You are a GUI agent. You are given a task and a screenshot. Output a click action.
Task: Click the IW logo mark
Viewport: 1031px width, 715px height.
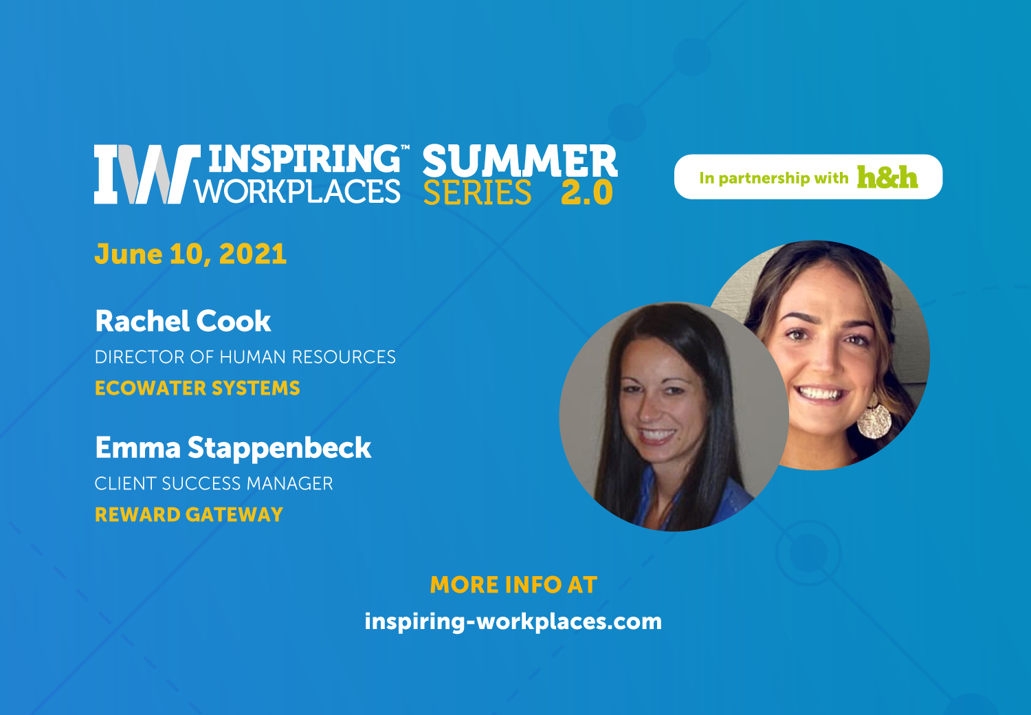147,174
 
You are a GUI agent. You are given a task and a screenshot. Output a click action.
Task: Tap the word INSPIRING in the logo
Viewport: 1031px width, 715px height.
304,158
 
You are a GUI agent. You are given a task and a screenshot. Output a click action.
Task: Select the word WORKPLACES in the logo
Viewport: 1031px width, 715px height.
298,191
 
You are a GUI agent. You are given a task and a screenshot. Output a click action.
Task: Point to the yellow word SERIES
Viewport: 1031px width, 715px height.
477,192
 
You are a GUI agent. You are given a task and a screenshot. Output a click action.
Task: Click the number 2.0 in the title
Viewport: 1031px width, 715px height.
587,192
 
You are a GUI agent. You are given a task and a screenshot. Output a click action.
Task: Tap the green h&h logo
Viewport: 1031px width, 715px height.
887,177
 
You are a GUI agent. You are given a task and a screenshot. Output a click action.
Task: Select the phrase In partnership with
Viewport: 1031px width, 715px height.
774,178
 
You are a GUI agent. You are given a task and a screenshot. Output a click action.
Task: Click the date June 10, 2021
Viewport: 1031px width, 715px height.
190,254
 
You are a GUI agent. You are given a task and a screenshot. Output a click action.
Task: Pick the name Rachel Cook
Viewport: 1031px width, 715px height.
183,320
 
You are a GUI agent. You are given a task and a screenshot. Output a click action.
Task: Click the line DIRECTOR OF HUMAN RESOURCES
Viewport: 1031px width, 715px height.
245,357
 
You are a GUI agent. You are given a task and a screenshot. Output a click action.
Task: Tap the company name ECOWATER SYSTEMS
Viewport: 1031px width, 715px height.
197,388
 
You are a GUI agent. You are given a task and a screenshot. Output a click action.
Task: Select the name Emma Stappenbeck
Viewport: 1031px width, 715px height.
233,448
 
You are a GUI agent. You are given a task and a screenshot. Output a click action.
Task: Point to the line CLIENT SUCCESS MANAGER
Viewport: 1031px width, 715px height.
214,483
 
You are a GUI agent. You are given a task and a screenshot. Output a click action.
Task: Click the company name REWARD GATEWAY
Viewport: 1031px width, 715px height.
189,515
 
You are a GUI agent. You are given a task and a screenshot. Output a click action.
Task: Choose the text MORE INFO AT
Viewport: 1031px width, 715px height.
513,584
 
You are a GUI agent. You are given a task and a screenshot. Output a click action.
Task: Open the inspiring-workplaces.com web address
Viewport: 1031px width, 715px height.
513,622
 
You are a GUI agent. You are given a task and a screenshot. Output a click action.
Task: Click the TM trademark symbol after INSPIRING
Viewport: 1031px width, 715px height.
405,147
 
